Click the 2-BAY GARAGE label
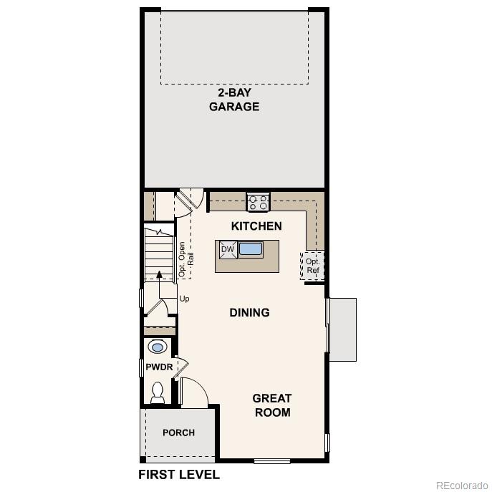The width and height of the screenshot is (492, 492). (233, 100)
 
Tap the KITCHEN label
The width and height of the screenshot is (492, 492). (256, 226)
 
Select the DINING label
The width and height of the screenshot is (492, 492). (249, 312)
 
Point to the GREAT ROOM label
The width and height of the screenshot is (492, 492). (272, 405)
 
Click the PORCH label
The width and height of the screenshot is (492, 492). (178, 433)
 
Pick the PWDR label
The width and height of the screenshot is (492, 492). (159, 367)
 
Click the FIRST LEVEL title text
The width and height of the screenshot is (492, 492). (178, 475)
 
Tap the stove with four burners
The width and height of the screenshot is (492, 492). (258, 202)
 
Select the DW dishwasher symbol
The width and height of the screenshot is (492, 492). (228, 250)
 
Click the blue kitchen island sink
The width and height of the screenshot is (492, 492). (251, 249)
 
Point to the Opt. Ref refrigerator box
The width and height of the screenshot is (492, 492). (313, 266)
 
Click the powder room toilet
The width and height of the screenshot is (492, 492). (158, 392)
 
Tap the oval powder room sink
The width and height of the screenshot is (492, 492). (158, 347)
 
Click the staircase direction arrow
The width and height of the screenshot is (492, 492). (159, 274)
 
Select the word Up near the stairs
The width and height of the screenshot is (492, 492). (185, 299)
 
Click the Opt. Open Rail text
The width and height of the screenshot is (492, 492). (186, 259)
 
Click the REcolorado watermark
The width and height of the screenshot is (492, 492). (462, 483)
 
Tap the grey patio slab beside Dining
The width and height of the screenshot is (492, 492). (342, 329)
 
